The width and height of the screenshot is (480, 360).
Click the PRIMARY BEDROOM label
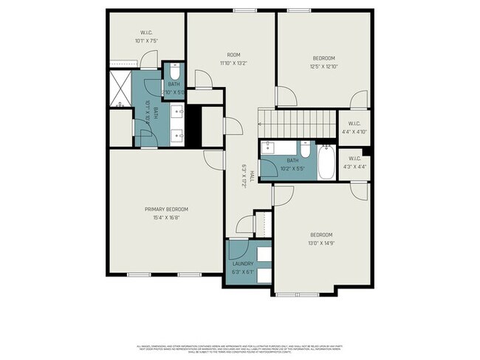(166, 209)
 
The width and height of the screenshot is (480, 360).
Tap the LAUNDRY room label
(243, 263)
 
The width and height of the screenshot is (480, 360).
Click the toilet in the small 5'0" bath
(174, 73)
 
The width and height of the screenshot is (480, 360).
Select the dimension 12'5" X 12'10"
(323, 67)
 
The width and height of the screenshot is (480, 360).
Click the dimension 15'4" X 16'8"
(166, 218)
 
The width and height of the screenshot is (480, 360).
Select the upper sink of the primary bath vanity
(177, 113)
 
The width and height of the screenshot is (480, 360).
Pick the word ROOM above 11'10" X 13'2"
(233, 55)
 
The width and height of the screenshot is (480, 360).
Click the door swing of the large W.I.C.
(151, 59)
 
